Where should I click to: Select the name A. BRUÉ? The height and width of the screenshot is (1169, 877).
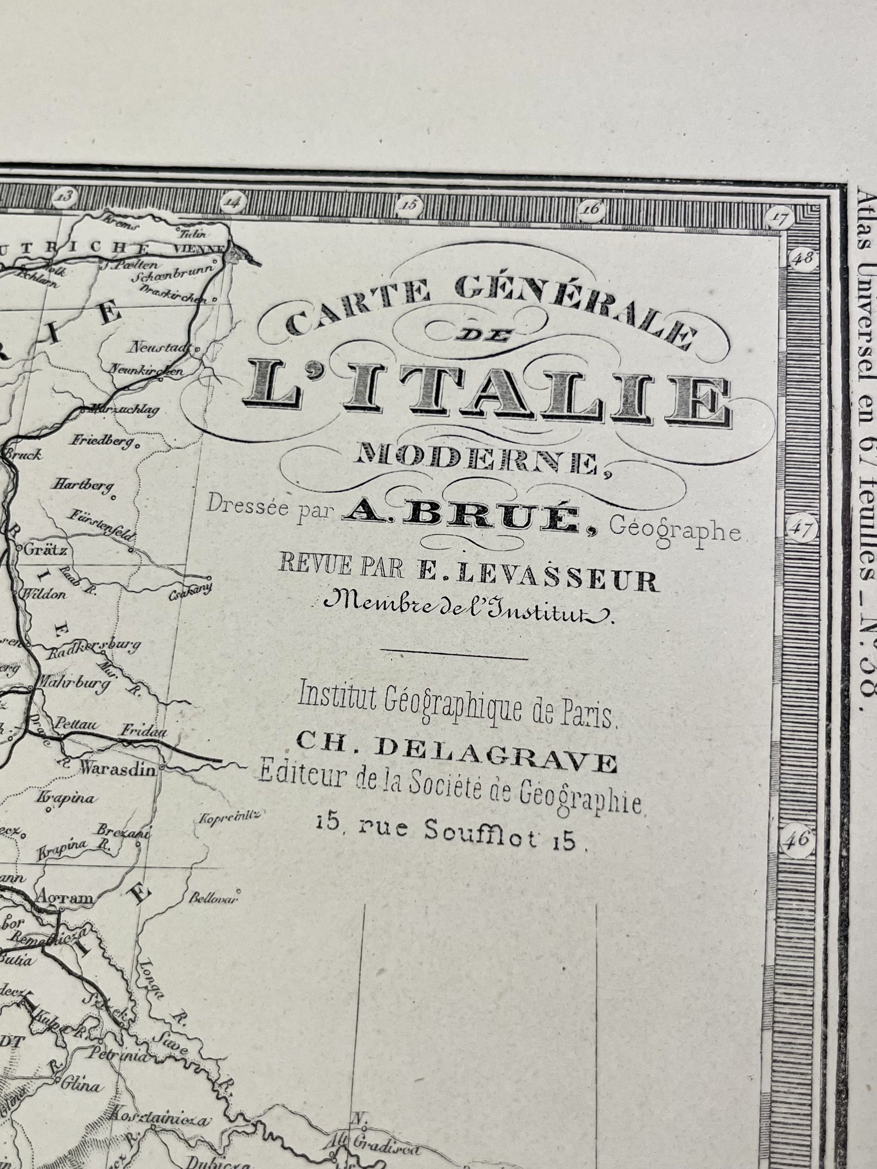460,518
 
